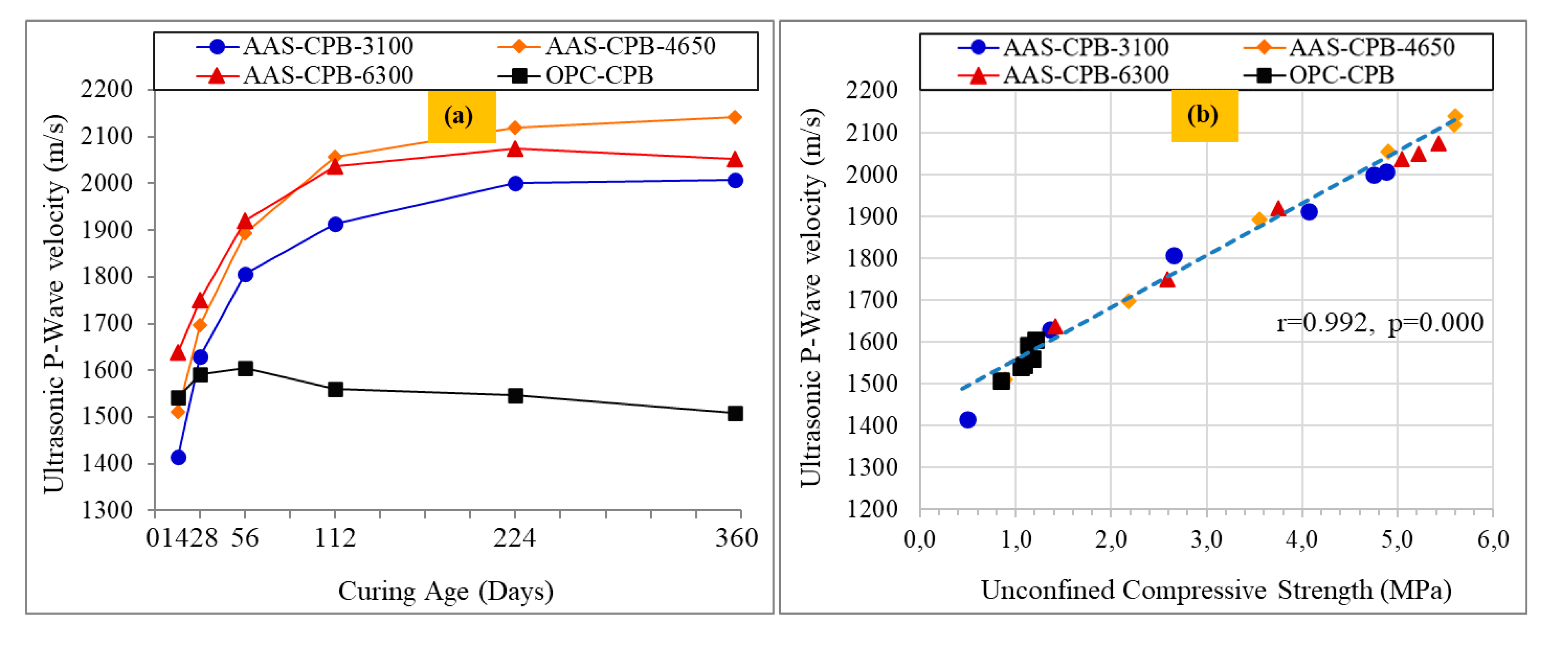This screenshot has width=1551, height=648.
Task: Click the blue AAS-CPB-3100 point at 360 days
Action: [735, 180]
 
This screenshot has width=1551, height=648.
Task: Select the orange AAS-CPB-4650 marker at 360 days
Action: [735, 117]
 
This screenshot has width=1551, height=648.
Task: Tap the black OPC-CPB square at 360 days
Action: [735, 414]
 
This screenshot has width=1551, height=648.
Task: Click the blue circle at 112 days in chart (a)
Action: [335, 224]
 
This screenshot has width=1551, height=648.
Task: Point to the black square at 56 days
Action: [245, 368]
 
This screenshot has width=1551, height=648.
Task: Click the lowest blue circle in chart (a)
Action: [178, 457]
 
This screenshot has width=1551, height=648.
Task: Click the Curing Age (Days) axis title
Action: [446, 591]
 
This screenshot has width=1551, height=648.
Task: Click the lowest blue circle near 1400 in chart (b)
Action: [968, 420]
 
